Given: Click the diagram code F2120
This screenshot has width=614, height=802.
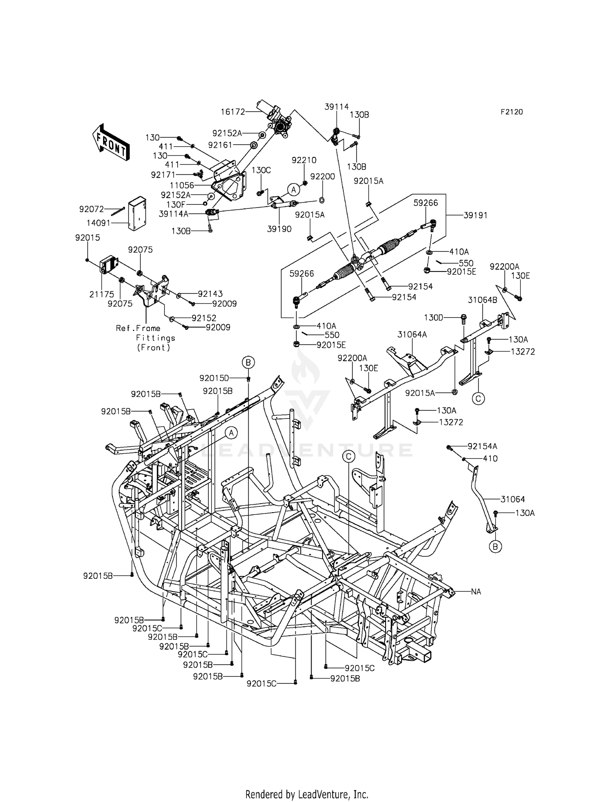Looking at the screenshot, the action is tap(511, 112).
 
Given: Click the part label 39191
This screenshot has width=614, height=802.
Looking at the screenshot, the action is tap(475, 215).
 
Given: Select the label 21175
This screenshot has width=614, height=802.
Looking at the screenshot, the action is tap(102, 294).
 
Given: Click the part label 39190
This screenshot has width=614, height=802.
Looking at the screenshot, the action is tap(279, 229).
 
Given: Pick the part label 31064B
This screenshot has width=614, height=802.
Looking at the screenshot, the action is tap(483, 300).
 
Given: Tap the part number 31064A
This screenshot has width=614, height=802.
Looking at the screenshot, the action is tap(412, 334).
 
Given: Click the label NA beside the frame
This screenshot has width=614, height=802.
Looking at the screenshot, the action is tap(476, 591).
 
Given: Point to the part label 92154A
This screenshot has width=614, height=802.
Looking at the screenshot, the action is tap(483, 446).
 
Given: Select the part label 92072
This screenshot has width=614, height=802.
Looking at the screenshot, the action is tap(92, 209).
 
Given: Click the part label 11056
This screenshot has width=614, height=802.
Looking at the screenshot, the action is tap(183, 185).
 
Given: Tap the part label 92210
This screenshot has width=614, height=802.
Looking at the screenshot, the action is tap(304, 160).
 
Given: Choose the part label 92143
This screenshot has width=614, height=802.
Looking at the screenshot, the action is tap(210, 293).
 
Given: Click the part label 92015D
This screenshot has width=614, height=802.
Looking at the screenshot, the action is tap(214, 379).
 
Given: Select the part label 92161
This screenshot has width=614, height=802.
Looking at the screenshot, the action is tap(220, 145).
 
